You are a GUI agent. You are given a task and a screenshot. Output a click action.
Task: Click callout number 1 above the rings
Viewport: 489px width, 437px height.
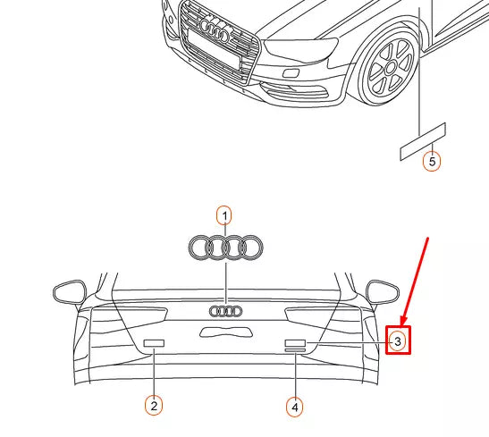tap(224, 214)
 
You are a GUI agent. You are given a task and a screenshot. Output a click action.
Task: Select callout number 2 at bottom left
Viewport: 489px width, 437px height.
tap(154, 406)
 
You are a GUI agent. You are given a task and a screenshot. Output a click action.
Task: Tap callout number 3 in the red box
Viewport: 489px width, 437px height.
tap(398, 340)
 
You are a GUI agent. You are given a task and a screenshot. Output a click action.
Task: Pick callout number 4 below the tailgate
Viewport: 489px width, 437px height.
tap(294, 407)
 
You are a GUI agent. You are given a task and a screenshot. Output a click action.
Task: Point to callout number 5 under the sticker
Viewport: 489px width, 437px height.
tap(432, 162)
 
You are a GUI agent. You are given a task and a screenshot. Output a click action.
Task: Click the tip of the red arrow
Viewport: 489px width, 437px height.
tap(402, 324)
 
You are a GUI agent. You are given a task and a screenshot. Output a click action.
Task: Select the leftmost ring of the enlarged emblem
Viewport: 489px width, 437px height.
tap(201, 248)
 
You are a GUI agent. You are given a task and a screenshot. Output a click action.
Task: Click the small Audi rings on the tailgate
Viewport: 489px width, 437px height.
tap(225, 311)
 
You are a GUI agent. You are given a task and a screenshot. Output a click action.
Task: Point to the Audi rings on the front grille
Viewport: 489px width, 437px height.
tap(215, 29)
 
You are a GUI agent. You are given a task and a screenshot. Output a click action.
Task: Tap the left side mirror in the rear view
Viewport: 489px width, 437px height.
tap(68, 291)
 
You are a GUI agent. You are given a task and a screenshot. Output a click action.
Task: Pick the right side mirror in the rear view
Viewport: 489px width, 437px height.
tap(383, 291)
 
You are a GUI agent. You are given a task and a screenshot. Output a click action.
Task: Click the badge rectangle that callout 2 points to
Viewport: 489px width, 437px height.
tap(155, 342)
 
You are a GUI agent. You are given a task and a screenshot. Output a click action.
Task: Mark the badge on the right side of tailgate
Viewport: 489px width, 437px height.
tap(295, 344)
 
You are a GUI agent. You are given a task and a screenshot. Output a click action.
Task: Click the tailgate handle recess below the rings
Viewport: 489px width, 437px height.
tap(225, 332)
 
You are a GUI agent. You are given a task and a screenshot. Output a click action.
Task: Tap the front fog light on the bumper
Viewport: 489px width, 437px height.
tap(292, 72)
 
